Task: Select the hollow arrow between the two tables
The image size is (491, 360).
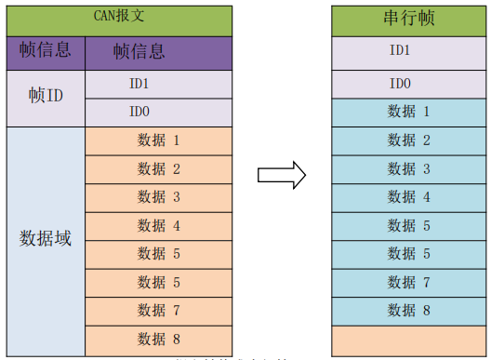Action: (x=282, y=173)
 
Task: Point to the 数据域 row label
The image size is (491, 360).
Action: (x=46, y=238)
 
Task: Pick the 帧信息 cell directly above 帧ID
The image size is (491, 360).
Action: (x=46, y=51)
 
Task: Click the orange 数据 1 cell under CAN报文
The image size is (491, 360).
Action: (x=158, y=141)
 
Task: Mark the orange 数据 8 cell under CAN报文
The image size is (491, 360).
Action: (x=158, y=338)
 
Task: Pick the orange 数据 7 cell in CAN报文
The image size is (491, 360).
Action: (x=158, y=310)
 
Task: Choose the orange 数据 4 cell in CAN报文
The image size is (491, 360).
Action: (x=158, y=226)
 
